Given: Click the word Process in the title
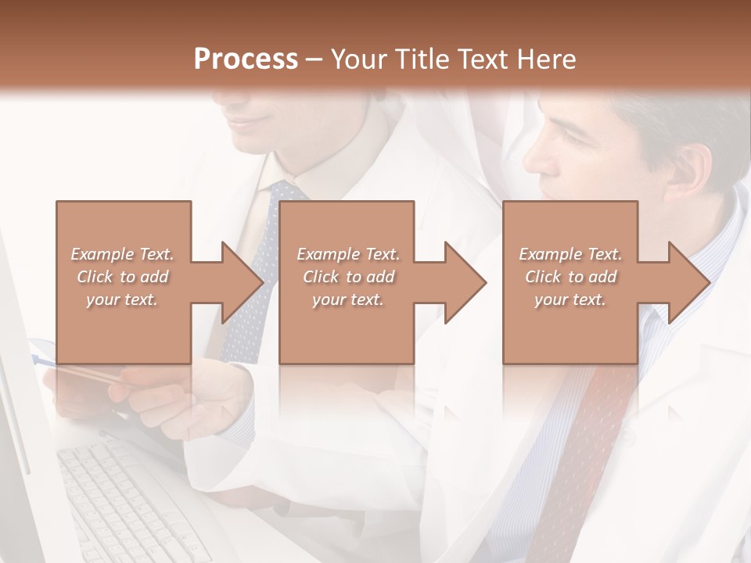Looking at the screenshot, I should pyautogui.click(x=246, y=59).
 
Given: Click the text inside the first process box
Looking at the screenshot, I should pyautogui.click(x=122, y=276).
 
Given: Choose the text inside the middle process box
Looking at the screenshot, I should pyautogui.click(x=348, y=276).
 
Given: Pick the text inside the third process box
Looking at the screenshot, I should pyautogui.click(x=570, y=276).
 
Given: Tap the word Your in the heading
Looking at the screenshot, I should pyautogui.click(x=357, y=59).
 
